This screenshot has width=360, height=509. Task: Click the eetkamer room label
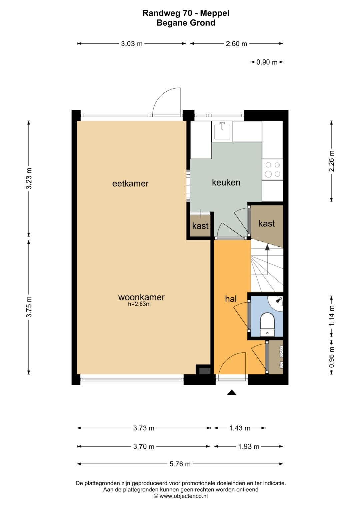(130, 184)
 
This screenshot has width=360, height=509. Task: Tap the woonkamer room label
(141, 297)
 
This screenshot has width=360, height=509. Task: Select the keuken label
(226, 182)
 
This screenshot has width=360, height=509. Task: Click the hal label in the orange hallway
(231, 299)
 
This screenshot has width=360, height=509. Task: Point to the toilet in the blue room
(267, 324)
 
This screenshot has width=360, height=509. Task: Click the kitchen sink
(222, 130)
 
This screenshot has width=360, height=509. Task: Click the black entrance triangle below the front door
(232, 392)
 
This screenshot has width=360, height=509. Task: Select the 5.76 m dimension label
(180, 464)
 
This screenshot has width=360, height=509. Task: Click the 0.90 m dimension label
(267, 62)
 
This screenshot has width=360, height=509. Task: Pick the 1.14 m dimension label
(332, 316)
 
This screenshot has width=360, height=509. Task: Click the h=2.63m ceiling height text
(139, 304)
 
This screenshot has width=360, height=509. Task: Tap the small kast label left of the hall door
(200, 226)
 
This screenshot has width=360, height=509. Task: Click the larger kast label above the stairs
(267, 224)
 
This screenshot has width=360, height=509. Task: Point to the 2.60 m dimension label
(236, 44)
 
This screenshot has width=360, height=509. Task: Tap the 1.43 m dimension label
(240, 428)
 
